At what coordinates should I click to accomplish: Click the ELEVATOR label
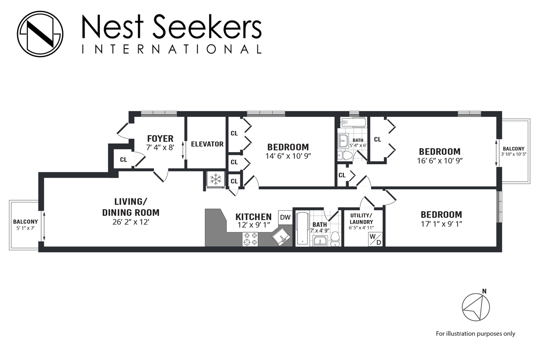207,144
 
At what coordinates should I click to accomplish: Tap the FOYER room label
160,139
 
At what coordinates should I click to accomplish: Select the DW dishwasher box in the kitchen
285,217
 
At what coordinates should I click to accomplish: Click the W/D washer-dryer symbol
375,239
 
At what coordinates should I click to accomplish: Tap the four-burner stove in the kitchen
250,239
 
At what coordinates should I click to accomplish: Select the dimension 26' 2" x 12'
130,222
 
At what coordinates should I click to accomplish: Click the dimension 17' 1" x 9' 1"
441,224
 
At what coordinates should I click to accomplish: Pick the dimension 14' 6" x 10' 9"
288,156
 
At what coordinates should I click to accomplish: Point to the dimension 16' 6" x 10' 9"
440,160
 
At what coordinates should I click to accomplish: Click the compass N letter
484,291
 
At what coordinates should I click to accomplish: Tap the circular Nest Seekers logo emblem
40,34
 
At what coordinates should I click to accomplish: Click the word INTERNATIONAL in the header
171,49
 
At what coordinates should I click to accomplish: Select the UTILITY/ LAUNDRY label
361,219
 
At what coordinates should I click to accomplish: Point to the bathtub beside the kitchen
301,228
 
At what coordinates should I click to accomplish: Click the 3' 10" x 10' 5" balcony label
513,151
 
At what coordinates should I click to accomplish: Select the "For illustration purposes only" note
475,333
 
